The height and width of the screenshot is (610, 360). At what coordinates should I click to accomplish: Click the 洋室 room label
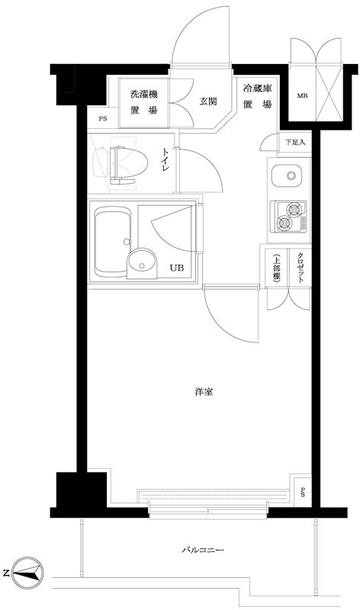pyautogui.click(x=203, y=392)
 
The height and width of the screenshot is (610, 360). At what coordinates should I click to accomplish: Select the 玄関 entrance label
pyautogui.click(x=209, y=100)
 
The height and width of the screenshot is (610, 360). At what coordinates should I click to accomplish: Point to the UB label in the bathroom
pyautogui.click(x=176, y=268)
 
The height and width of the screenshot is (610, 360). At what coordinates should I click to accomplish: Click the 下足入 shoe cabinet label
pyautogui.click(x=294, y=143)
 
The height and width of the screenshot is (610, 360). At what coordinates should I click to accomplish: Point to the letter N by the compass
pyautogui.click(x=7, y=572)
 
